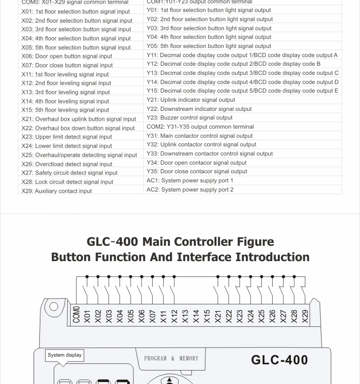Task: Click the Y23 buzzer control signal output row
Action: pyautogui.click(x=190, y=118)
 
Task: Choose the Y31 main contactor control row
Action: pyautogui.click(x=200, y=136)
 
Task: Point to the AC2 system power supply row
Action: pyautogui.click(x=190, y=190)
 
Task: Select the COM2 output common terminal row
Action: pyautogui.click(x=200, y=127)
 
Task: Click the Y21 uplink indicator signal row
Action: pyautogui.click(x=191, y=100)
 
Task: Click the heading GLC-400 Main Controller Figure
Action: pyautogui.click(x=180, y=241)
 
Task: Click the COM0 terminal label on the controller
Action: pyautogui.click(x=76, y=314)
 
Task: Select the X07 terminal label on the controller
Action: pyautogui.click(x=153, y=316)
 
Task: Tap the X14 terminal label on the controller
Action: pyautogui.click(x=196, y=316)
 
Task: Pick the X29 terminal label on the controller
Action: pyautogui.click(x=305, y=316)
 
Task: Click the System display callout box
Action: pyautogui.click(x=65, y=355)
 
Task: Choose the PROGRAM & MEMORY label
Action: pyautogui.click(x=171, y=359)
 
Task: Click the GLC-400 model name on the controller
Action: pyautogui.click(x=279, y=360)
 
